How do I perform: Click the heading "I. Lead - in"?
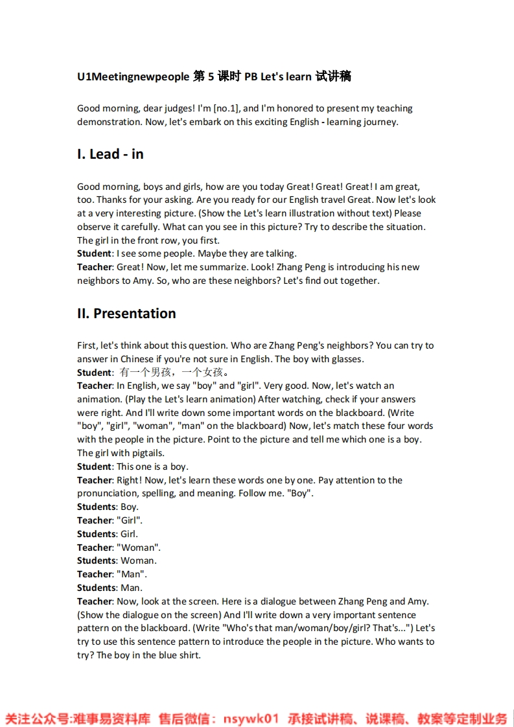(x=110, y=154)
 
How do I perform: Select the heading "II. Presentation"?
(x=126, y=314)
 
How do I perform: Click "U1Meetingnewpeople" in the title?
(x=133, y=76)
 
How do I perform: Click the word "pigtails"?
(x=148, y=453)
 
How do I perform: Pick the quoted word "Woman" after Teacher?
(x=138, y=548)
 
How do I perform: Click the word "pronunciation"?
(x=106, y=493)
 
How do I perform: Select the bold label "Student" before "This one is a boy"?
(x=94, y=467)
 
